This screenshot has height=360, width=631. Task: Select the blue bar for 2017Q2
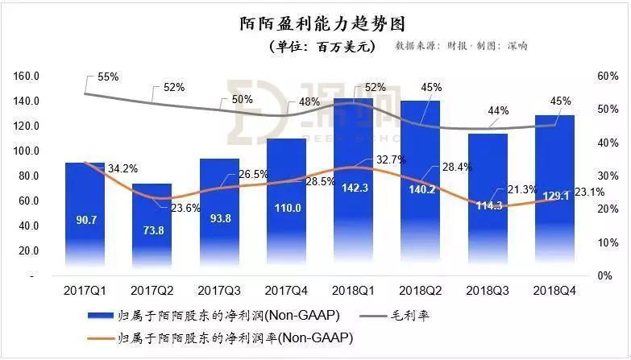coord(152,234)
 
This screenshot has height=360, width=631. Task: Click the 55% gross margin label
coord(108,77)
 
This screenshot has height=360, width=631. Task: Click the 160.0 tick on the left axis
coord(27,77)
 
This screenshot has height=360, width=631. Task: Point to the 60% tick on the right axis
coord(606,77)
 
